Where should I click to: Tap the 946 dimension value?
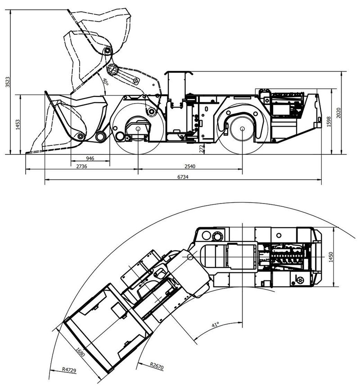[90, 159]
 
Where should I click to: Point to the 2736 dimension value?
[81, 167]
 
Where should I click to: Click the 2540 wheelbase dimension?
[190, 167]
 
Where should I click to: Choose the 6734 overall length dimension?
[182, 177]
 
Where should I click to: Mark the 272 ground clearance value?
[202, 148]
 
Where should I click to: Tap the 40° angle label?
[104, 82]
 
